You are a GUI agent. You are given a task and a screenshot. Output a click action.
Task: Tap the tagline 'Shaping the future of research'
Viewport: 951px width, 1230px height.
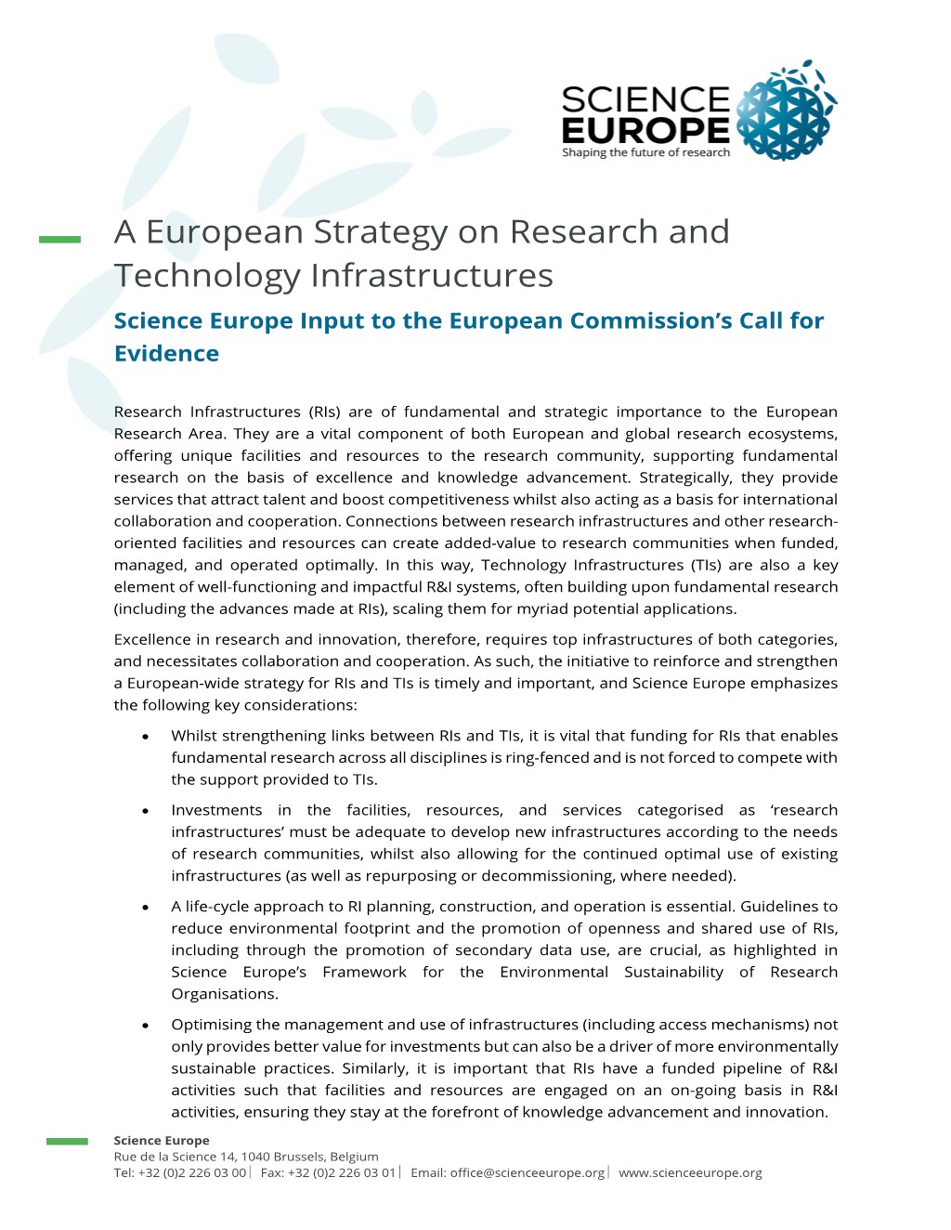(645, 152)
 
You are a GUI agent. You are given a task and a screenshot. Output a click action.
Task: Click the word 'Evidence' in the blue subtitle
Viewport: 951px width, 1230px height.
(166, 353)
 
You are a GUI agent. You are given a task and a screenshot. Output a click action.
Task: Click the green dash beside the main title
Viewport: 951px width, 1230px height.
(59, 240)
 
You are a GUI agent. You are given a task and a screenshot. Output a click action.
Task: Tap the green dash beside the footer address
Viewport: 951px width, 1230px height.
(67, 1141)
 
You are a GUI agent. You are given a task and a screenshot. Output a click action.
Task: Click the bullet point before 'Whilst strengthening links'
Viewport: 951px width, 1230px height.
(146, 737)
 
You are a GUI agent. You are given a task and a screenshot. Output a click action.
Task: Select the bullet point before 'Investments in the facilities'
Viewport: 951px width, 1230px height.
(146, 811)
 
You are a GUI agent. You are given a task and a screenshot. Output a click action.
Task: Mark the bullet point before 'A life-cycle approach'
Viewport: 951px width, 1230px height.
(146, 907)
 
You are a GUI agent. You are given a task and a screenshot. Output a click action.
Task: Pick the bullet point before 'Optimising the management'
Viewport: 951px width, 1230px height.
(146, 1026)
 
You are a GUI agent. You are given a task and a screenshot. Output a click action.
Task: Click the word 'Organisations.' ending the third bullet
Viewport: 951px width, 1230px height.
(224, 993)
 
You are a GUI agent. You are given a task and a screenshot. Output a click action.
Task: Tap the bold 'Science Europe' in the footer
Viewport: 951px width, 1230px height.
(162, 1140)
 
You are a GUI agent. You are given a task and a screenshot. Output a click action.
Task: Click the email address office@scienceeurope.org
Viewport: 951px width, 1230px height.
(528, 1172)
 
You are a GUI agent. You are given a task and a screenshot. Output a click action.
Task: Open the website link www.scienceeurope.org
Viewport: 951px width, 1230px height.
(690, 1172)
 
